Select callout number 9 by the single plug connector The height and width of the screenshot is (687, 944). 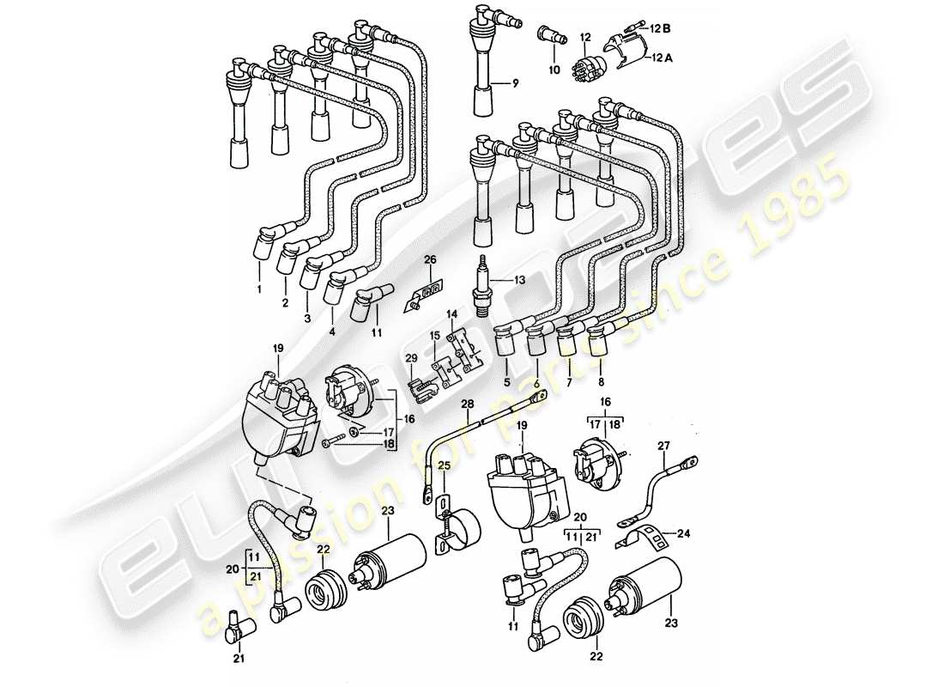(516, 83)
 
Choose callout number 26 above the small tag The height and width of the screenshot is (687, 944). (430, 258)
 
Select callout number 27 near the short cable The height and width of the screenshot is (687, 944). (663, 446)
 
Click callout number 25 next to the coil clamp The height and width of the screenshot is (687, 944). (443, 465)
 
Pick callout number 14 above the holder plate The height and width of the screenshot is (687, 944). (452, 315)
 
